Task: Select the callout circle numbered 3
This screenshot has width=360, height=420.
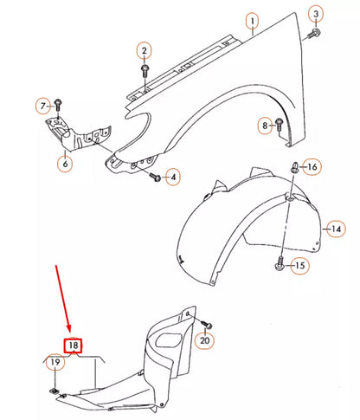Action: (x=317, y=14)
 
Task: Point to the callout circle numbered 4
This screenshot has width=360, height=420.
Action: (x=173, y=178)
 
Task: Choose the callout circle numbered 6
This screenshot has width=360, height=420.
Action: (x=66, y=160)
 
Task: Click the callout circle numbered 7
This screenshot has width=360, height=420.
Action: (x=42, y=107)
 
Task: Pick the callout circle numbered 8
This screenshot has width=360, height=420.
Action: (x=267, y=126)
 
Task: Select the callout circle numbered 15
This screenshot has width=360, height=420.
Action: (x=299, y=266)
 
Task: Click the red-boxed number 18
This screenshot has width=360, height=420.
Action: (x=74, y=345)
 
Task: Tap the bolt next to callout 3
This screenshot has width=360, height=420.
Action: (x=313, y=33)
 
